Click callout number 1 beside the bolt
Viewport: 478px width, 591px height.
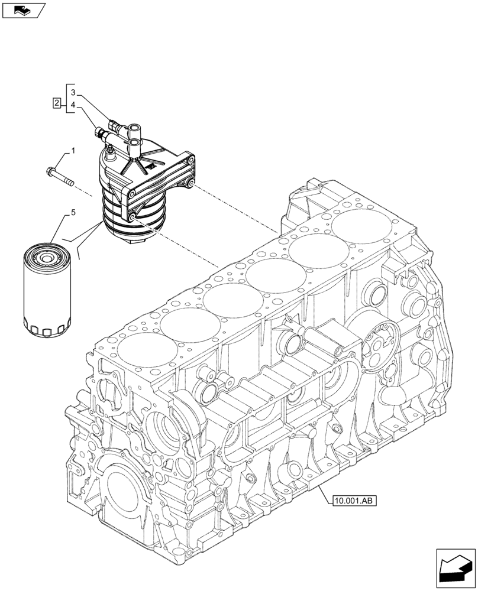tap(73, 152)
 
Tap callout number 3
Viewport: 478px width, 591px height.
tap(73, 92)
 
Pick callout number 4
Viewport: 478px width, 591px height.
tap(73, 106)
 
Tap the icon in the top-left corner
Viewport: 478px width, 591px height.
tap(23, 9)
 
